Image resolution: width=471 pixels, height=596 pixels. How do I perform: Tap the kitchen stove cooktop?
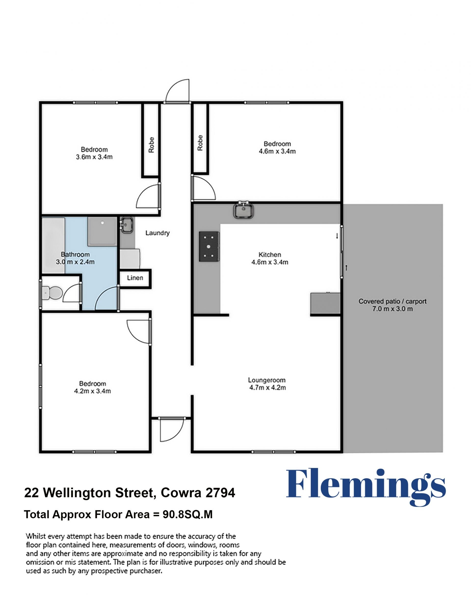pos(209,246)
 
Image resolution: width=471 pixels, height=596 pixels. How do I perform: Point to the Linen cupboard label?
pos(135,278)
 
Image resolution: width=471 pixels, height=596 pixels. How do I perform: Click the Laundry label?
pos(157,233)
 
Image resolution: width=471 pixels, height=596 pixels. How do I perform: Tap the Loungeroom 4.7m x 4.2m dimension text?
pos(267,387)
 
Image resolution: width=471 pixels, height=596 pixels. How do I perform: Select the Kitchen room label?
pos(270,254)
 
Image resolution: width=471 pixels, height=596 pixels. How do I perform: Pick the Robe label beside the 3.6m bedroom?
pos(151,145)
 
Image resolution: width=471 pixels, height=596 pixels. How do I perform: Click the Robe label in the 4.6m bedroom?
pos(200,143)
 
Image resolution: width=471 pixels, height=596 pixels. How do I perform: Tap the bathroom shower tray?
pos(102,231)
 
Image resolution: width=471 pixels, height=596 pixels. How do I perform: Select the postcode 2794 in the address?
pos(220,492)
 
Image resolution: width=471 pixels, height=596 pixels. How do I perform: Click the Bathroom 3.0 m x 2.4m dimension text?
pos(75,262)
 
